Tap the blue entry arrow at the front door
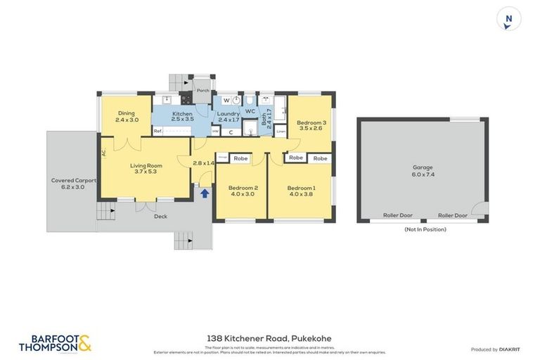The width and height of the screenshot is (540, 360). (x=204, y=192)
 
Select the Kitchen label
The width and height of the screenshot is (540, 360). (x=182, y=113)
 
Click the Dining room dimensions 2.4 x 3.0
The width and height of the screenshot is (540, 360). (x=127, y=120)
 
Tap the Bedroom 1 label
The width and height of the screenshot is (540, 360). (x=301, y=188)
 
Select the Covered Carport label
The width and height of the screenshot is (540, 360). (x=73, y=180)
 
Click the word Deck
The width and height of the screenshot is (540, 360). (x=160, y=216)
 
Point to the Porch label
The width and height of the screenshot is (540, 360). (x=202, y=90)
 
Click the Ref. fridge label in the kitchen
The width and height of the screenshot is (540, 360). (x=157, y=131)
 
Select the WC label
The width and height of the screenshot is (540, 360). (x=250, y=111)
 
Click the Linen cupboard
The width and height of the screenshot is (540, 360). (x=281, y=131)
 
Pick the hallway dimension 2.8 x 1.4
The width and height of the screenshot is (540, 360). (x=203, y=163)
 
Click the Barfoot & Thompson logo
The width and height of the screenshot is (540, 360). (x=56, y=342)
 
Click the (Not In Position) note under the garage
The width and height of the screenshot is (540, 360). (x=425, y=229)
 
